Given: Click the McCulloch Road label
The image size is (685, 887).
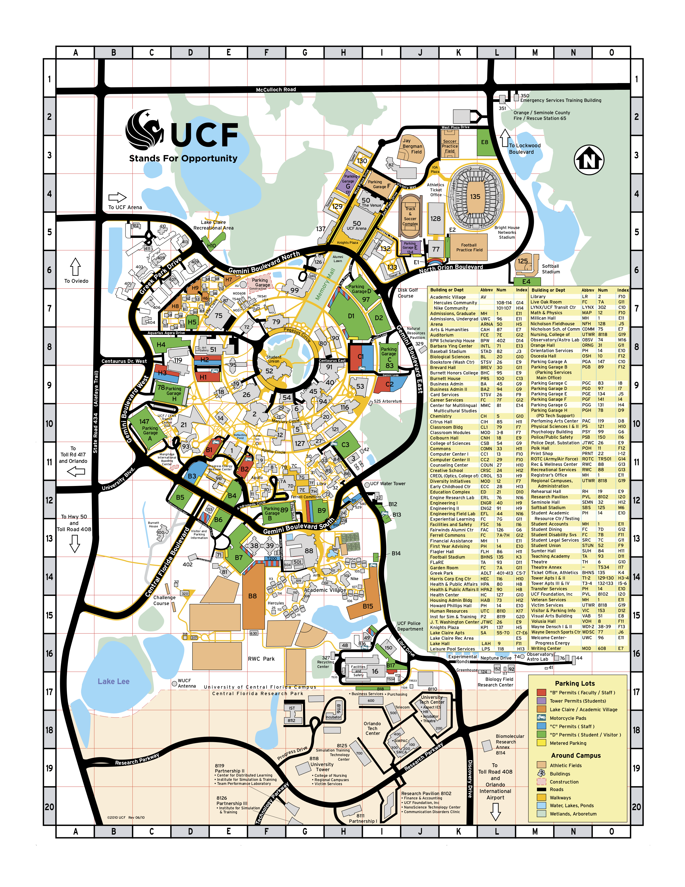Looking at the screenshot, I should (276, 89).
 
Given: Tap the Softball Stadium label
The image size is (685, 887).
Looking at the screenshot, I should (551, 269).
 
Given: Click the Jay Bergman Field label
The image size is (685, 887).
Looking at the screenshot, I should (412, 146).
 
